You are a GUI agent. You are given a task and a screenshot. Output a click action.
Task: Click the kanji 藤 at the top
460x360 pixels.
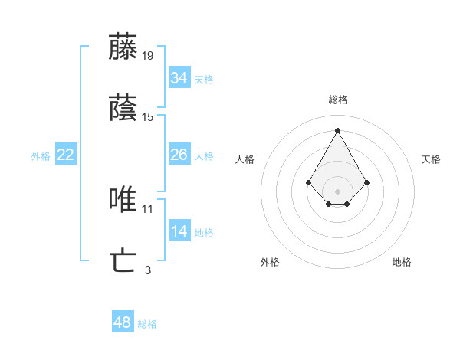(x=123, y=47)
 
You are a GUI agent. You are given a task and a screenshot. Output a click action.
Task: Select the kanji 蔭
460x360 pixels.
(x=123, y=108)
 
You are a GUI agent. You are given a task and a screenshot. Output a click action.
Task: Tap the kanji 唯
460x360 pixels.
(x=123, y=200)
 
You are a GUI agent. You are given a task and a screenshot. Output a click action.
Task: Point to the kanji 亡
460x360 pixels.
(x=123, y=261)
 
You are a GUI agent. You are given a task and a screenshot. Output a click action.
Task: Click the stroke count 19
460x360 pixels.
(x=148, y=55)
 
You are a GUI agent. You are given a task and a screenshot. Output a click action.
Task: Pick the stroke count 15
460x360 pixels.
(x=148, y=116)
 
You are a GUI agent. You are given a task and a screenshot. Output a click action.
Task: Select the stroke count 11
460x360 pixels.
(x=148, y=208)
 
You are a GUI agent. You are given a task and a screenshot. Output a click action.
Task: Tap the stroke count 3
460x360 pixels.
(x=148, y=270)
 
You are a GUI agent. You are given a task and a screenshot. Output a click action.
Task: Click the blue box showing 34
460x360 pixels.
(x=179, y=78)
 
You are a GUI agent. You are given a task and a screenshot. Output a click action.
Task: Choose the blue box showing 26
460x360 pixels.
(x=179, y=155)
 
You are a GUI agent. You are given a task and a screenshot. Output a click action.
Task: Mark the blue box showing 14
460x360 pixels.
(x=179, y=231)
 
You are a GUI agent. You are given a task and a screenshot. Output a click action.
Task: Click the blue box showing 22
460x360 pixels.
(x=66, y=155)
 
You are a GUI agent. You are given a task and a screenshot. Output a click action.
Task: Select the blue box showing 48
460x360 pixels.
(x=123, y=322)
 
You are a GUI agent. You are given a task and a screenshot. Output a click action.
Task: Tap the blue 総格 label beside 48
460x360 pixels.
(x=147, y=324)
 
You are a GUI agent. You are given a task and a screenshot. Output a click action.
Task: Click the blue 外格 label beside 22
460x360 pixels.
(x=41, y=156)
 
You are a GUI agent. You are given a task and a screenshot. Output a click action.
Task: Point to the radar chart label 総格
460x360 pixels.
(x=338, y=100)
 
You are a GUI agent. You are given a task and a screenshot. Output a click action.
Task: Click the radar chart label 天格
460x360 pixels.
(x=431, y=159)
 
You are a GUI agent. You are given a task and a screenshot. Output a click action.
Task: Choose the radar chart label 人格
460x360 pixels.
(x=245, y=159)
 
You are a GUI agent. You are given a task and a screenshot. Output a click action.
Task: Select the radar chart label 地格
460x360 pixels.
(x=402, y=262)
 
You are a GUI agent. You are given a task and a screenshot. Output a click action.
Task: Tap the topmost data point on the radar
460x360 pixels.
(x=338, y=129)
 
